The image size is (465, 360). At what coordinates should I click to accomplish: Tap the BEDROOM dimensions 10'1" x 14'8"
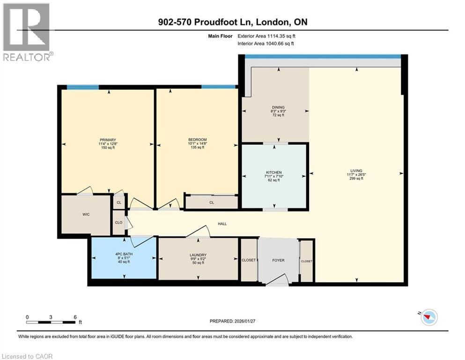[194, 143]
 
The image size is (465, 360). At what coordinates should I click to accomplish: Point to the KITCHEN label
[274, 172]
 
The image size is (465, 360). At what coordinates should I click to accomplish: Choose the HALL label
[222, 224]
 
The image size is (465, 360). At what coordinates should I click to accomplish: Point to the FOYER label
[278, 260]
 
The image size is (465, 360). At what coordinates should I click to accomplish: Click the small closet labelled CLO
[119, 222]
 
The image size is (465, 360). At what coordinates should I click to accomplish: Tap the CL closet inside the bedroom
[211, 202]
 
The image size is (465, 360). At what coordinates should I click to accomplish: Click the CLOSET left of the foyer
[249, 260]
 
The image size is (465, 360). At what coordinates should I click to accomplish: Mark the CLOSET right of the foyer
[306, 261]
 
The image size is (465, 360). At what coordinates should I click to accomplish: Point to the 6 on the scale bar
[75, 317]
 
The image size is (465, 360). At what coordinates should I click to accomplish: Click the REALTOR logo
[27, 32]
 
